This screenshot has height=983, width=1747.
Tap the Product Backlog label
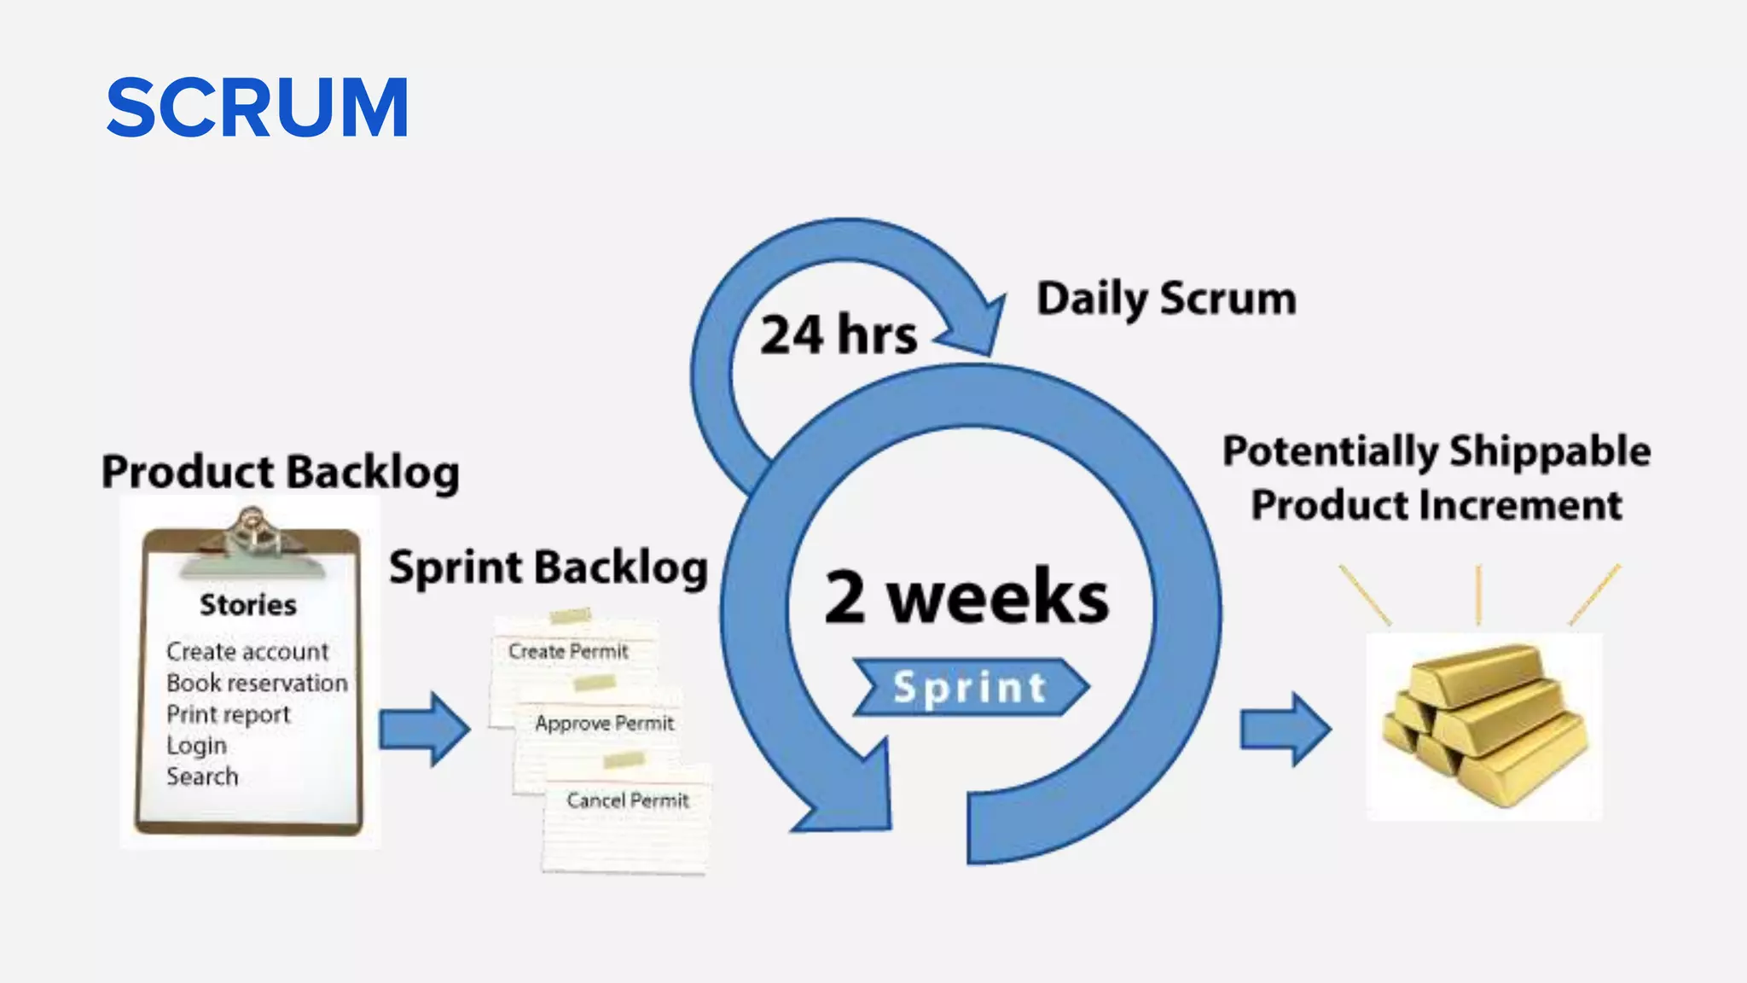point(280,472)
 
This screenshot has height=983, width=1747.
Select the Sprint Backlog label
point(548,567)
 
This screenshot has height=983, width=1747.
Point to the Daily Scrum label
point(1166,300)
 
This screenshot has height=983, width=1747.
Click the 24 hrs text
point(839,334)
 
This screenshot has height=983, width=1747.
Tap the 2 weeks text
point(966,596)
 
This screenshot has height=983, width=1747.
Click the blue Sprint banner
point(971,687)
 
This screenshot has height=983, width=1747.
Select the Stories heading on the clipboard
point(248,605)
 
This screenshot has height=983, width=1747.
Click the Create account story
point(247,652)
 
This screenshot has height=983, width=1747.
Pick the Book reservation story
point(257,683)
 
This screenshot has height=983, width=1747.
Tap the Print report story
point(229,714)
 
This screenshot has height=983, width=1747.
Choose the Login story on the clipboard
point(196,746)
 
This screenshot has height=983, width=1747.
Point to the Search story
point(202,777)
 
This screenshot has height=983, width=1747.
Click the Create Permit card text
point(568,651)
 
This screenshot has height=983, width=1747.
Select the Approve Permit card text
point(604,724)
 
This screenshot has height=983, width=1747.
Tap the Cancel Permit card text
point(627,800)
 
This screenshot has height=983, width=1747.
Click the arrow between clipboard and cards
point(425,729)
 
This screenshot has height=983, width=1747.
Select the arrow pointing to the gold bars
point(1285,729)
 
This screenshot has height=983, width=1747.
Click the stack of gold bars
point(1485,725)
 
